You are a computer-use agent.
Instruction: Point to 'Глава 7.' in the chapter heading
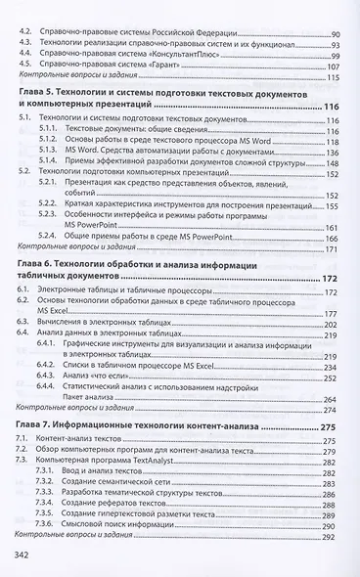click(37, 426)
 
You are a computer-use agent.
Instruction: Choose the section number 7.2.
click(26, 454)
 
